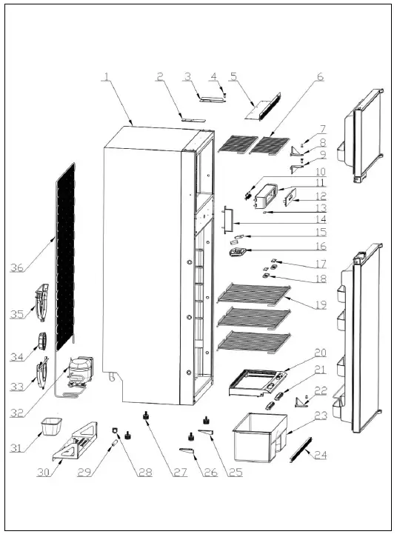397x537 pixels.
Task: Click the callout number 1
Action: click(x=107, y=76)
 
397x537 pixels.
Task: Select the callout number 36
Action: click(x=16, y=267)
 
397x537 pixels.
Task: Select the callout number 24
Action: click(x=320, y=455)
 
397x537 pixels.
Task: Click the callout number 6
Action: click(x=320, y=76)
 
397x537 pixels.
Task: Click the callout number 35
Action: click(x=16, y=314)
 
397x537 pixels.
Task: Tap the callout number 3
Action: click(x=187, y=76)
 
